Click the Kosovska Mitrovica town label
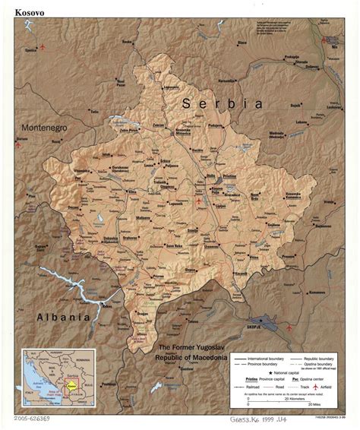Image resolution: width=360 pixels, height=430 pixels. coord(186,131)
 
